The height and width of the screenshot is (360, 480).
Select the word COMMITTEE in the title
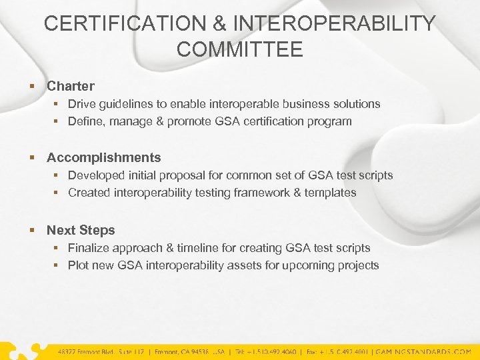[x=240, y=49]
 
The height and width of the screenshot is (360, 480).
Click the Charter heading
[x=71, y=86]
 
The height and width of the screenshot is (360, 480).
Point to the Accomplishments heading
[x=104, y=157]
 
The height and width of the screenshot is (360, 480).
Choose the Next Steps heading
[x=81, y=230]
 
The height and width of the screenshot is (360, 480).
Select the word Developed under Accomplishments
[x=97, y=175]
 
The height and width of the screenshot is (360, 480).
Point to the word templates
[x=331, y=193]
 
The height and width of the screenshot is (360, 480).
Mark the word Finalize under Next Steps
[x=90, y=248]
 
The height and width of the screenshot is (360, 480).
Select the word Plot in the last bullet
[x=79, y=265]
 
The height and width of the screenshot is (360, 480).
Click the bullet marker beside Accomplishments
[x=31, y=158]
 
